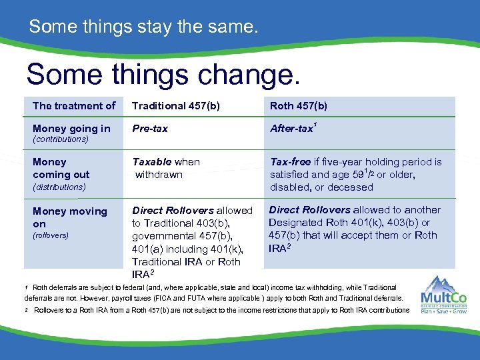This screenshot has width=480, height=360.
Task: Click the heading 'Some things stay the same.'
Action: click(x=143, y=27)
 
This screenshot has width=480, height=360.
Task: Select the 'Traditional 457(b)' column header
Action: click(x=176, y=105)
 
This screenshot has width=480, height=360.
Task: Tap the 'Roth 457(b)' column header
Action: click(x=298, y=105)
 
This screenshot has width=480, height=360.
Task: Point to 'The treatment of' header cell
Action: click(x=74, y=105)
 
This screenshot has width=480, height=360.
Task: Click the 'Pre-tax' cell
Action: click(x=150, y=128)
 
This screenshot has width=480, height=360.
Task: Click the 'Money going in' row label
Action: click(x=71, y=128)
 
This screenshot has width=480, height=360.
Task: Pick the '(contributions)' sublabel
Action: click(x=61, y=139)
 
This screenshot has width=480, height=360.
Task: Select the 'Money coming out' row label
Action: click(x=61, y=168)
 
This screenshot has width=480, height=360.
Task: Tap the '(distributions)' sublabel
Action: click(x=59, y=187)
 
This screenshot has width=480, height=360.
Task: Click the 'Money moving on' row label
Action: click(x=69, y=217)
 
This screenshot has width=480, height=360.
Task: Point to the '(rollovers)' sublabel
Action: click(x=51, y=235)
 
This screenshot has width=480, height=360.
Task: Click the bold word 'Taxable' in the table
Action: click(x=152, y=162)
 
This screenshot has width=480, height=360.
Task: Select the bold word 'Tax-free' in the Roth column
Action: click(x=291, y=162)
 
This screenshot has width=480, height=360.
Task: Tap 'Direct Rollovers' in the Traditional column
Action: click(x=173, y=211)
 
